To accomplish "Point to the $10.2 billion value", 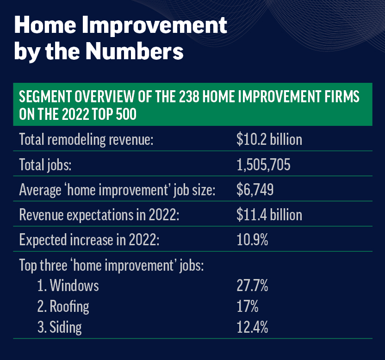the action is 269,139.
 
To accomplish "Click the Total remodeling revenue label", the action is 86,140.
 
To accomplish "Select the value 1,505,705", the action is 263,165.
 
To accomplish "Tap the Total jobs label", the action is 45,165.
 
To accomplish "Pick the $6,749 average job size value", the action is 255,190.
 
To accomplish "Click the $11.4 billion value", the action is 269,215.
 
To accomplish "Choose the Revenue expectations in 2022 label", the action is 99,215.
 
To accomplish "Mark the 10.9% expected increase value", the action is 252,240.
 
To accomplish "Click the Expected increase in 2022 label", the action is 89,240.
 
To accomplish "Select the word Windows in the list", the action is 74,286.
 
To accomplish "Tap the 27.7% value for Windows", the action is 252,286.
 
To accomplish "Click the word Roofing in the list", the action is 69,307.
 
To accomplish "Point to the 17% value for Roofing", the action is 248,306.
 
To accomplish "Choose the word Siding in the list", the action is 66,328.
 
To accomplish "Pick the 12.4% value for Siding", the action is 252,327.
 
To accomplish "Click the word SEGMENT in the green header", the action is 45,96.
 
